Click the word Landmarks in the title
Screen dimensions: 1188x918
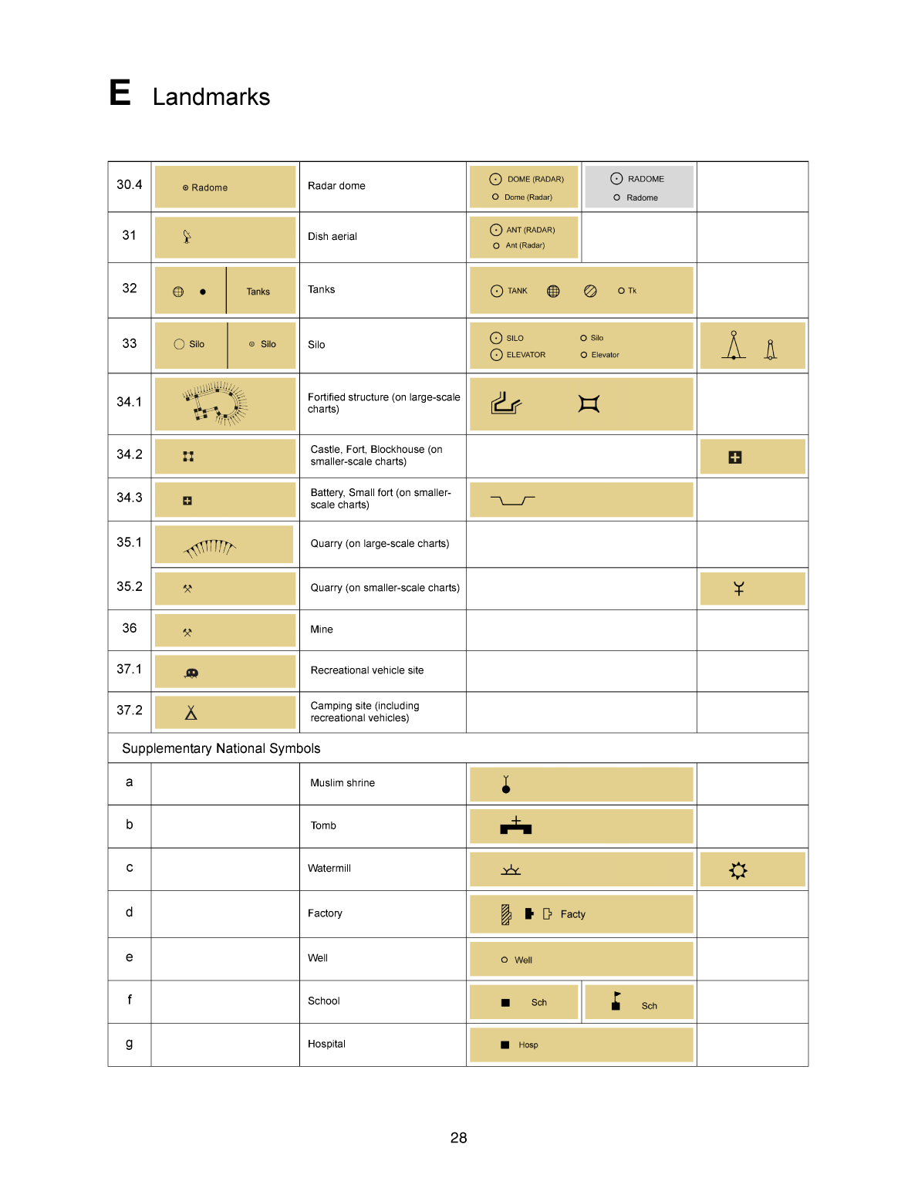(x=211, y=97)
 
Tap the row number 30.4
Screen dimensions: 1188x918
(x=129, y=185)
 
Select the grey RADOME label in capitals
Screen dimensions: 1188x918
(x=646, y=179)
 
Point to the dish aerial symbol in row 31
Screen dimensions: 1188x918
(x=187, y=237)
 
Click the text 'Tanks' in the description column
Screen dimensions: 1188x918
(x=321, y=290)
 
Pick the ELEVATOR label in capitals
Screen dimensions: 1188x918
(x=525, y=355)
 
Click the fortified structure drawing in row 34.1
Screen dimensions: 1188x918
(x=214, y=403)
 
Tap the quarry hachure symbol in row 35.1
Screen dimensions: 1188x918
(x=210, y=547)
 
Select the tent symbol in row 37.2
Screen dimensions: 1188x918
(x=191, y=713)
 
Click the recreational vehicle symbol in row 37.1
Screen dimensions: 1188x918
(x=191, y=673)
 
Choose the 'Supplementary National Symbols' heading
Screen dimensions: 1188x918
(x=221, y=748)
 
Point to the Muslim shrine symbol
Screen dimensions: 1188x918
(x=506, y=785)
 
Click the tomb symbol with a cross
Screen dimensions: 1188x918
(x=515, y=826)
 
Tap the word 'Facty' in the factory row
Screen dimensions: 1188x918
(x=572, y=914)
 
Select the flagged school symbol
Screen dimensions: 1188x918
(x=616, y=1001)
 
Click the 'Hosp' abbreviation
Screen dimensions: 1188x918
(x=528, y=1045)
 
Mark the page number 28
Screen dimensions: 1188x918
(x=458, y=1138)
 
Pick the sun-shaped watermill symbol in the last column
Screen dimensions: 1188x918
(x=738, y=870)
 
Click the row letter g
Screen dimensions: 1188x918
(x=129, y=1044)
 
